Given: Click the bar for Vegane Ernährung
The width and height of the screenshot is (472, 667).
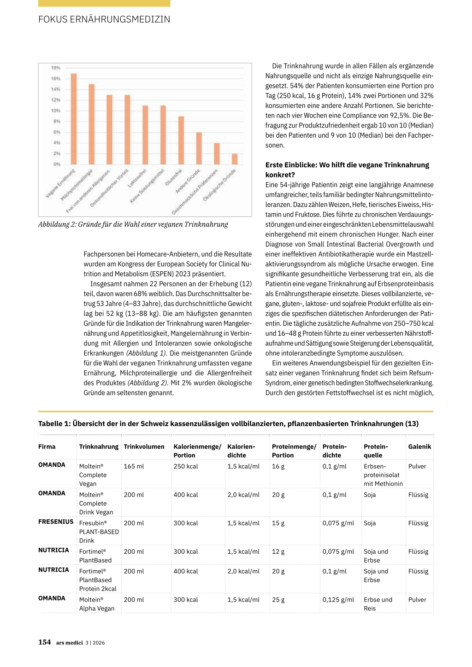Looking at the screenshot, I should (x=74, y=119).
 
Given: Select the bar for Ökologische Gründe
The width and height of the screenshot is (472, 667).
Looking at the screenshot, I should (x=235, y=159).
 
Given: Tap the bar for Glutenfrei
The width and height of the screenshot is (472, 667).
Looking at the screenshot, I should (x=181, y=140).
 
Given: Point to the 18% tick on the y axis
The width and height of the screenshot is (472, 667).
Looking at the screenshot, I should (x=56, y=68).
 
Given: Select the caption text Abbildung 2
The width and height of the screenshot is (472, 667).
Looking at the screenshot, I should (x=133, y=224).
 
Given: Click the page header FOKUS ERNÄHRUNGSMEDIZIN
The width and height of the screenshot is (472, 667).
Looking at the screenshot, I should (x=104, y=19).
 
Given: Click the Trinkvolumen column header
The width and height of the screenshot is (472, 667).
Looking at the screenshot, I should (x=144, y=446).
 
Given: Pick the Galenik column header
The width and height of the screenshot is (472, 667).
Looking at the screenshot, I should (x=419, y=446).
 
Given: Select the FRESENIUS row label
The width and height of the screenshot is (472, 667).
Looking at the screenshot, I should (x=56, y=521).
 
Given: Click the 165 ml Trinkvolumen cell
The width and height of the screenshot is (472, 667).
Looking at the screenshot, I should (x=134, y=466).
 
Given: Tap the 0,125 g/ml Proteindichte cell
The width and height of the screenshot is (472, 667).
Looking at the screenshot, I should (x=338, y=600).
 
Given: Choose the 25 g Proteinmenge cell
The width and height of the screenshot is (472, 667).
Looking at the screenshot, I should (x=278, y=600).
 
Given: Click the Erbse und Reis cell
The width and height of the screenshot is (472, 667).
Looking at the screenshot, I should (x=378, y=604).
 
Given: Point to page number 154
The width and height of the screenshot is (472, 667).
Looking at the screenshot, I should (x=45, y=642).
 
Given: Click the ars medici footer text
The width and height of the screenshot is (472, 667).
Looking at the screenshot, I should (x=70, y=643).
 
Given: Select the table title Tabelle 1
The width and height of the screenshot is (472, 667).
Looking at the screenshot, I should (x=228, y=423).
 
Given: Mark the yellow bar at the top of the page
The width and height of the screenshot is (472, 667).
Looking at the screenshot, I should (x=104, y=3).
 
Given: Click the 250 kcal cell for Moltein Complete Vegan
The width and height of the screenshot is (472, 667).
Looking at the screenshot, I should (x=185, y=466).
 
